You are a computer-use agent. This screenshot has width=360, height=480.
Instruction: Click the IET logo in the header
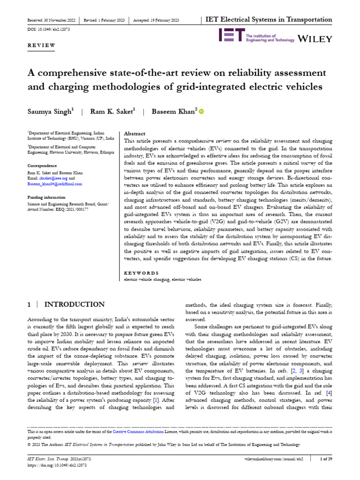pyautogui.click(x=232, y=36)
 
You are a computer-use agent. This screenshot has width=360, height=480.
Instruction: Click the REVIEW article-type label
pyautogui.click(x=41, y=45)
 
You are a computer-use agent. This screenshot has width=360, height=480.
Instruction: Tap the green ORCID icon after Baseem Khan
pyautogui.click(x=202, y=111)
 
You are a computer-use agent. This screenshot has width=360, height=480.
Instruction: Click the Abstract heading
pyautogui.click(x=135, y=134)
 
